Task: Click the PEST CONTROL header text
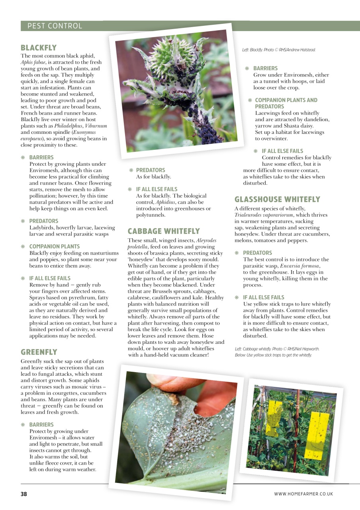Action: point(55,26)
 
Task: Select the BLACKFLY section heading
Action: point(39,48)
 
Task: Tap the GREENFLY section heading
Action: point(39,352)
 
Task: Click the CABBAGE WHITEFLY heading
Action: point(164,231)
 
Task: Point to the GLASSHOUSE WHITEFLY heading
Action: point(277,199)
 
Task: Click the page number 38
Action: point(24,494)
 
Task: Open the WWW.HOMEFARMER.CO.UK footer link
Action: point(303,494)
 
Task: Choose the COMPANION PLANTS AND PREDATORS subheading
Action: point(286,103)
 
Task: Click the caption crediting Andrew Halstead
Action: point(279,50)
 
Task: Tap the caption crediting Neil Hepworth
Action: point(277,349)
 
